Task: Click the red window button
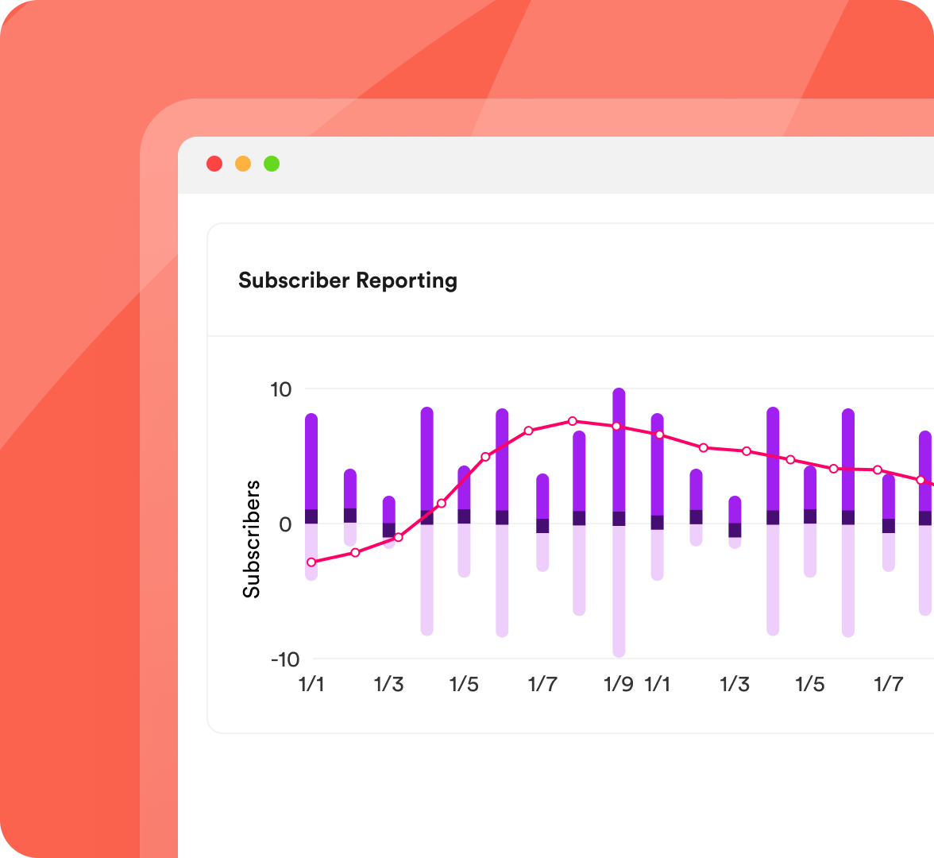point(214,164)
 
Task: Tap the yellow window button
point(243,164)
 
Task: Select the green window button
point(272,164)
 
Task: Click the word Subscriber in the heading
point(294,280)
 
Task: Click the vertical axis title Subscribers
point(252,539)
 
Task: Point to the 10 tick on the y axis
point(281,390)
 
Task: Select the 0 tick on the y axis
point(285,524)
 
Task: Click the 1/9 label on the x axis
point(619,684)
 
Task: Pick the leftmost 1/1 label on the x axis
point(311,684)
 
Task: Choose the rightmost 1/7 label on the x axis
point(889,684)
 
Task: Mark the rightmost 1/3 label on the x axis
point(735,684)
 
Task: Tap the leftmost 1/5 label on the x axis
point(464,684)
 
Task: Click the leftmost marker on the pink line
point(311,562)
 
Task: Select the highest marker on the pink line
point(572,421)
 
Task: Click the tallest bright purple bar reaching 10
point(619,449)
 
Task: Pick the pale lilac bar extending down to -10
point(619,592)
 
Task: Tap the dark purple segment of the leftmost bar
point(311,516)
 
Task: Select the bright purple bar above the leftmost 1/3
point(389,509)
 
